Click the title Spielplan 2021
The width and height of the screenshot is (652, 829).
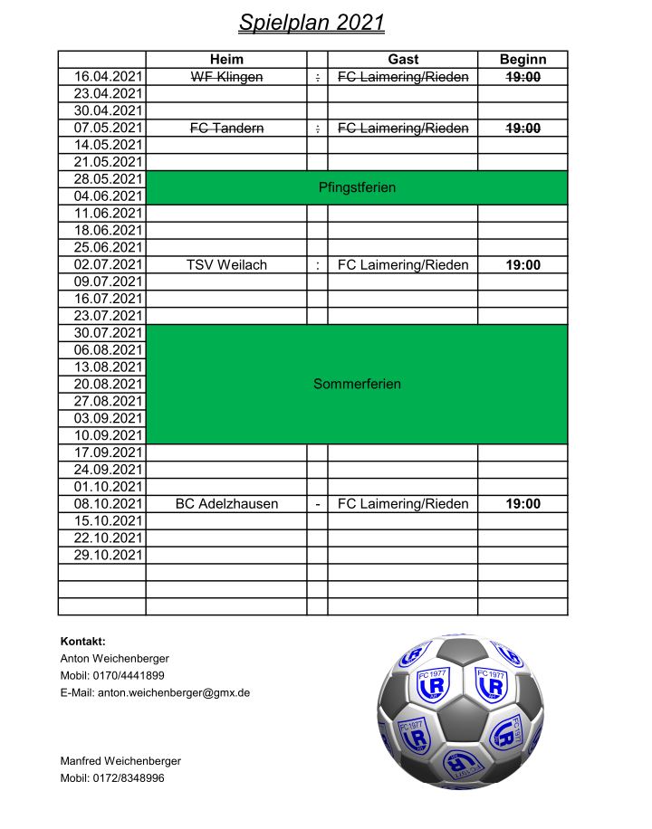[x=312, y=23]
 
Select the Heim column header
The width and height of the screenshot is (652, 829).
[x=226, y=60]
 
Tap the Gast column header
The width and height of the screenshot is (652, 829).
[x=403, y=60]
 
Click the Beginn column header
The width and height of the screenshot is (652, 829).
[x=523, y=60]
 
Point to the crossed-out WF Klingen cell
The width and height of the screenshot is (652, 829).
[x=226, y=77]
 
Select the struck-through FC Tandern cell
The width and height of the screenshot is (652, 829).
[x=226, y=129]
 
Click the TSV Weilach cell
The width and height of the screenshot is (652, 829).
[x=226, y=265]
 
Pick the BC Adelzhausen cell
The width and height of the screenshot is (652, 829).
[x=226, y=504]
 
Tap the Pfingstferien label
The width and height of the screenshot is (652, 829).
[x=357, y=188]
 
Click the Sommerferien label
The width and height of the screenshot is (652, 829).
[x=357, y=384]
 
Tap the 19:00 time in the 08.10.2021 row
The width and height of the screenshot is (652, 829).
[x=523, y=504]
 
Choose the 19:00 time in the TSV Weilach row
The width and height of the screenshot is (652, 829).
[x=523, y=265]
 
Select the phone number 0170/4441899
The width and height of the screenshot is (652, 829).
[x=130, y=675]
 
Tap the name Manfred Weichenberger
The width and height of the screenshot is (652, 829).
[x=120, y=761]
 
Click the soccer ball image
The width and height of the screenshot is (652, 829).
[x=460, y=711]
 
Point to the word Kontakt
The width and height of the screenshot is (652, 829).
[x=82, y=641]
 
